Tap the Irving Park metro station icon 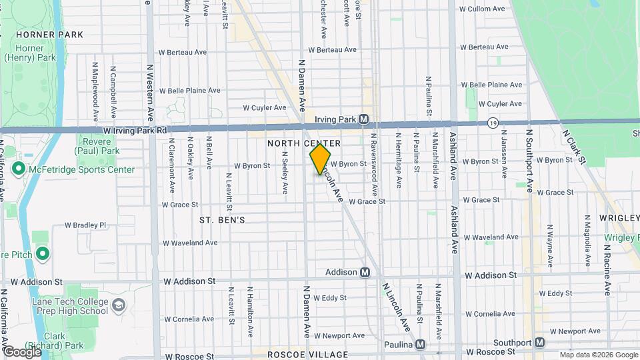363,119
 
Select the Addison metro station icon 365,272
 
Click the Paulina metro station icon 420,345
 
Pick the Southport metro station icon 540,342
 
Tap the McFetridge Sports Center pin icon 18,169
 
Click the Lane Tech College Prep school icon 118,305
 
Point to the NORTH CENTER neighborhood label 304,143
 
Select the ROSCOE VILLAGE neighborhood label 307,355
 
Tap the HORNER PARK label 49,34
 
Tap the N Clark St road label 574,147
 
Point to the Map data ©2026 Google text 598,354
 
